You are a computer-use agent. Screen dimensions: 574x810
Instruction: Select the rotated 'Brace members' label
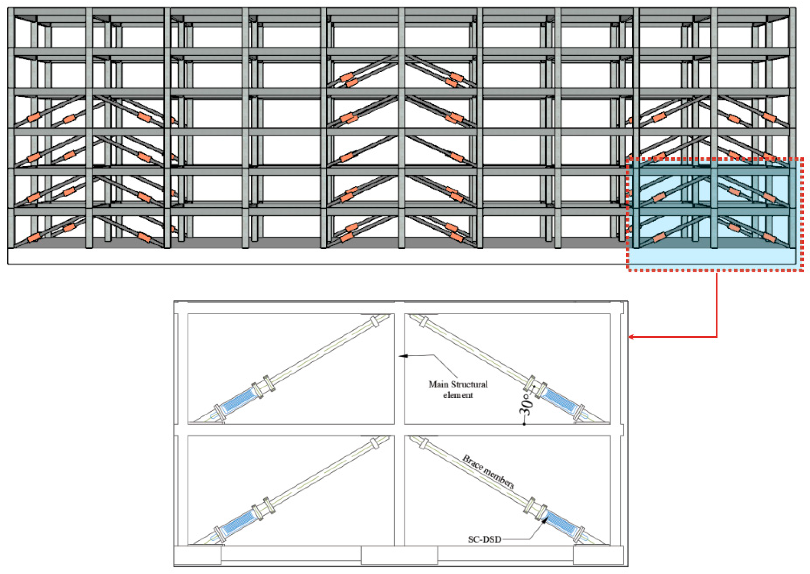click(488, 471)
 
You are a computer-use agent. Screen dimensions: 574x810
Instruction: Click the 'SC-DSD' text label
click(485, 539)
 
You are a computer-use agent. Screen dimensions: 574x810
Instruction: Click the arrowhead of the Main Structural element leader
click(402, 356)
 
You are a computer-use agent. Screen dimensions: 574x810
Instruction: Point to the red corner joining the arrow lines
click(717, 337)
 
